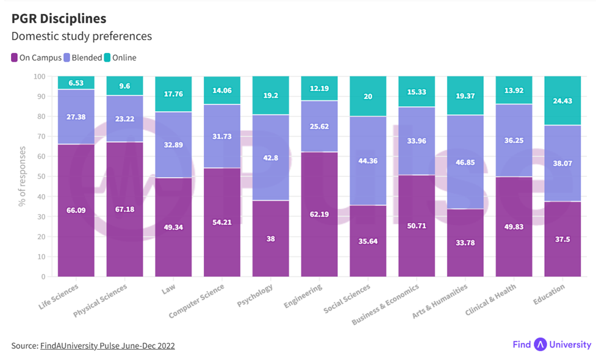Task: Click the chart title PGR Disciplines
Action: coord(59,18)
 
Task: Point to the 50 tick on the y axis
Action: coord(41,176)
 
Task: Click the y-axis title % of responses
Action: coord(22,176)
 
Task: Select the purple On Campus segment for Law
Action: coord(173,227)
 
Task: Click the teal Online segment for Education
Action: coord(562,101)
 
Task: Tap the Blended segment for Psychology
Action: coord(271,157)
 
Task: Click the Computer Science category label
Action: coord(198,300)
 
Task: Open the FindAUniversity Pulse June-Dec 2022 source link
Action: coord(107,346)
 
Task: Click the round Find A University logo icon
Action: coord(540,345)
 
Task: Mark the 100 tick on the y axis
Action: coord(40,76)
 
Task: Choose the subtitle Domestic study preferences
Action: coord(81,37)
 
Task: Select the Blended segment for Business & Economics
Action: coord(417,140)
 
